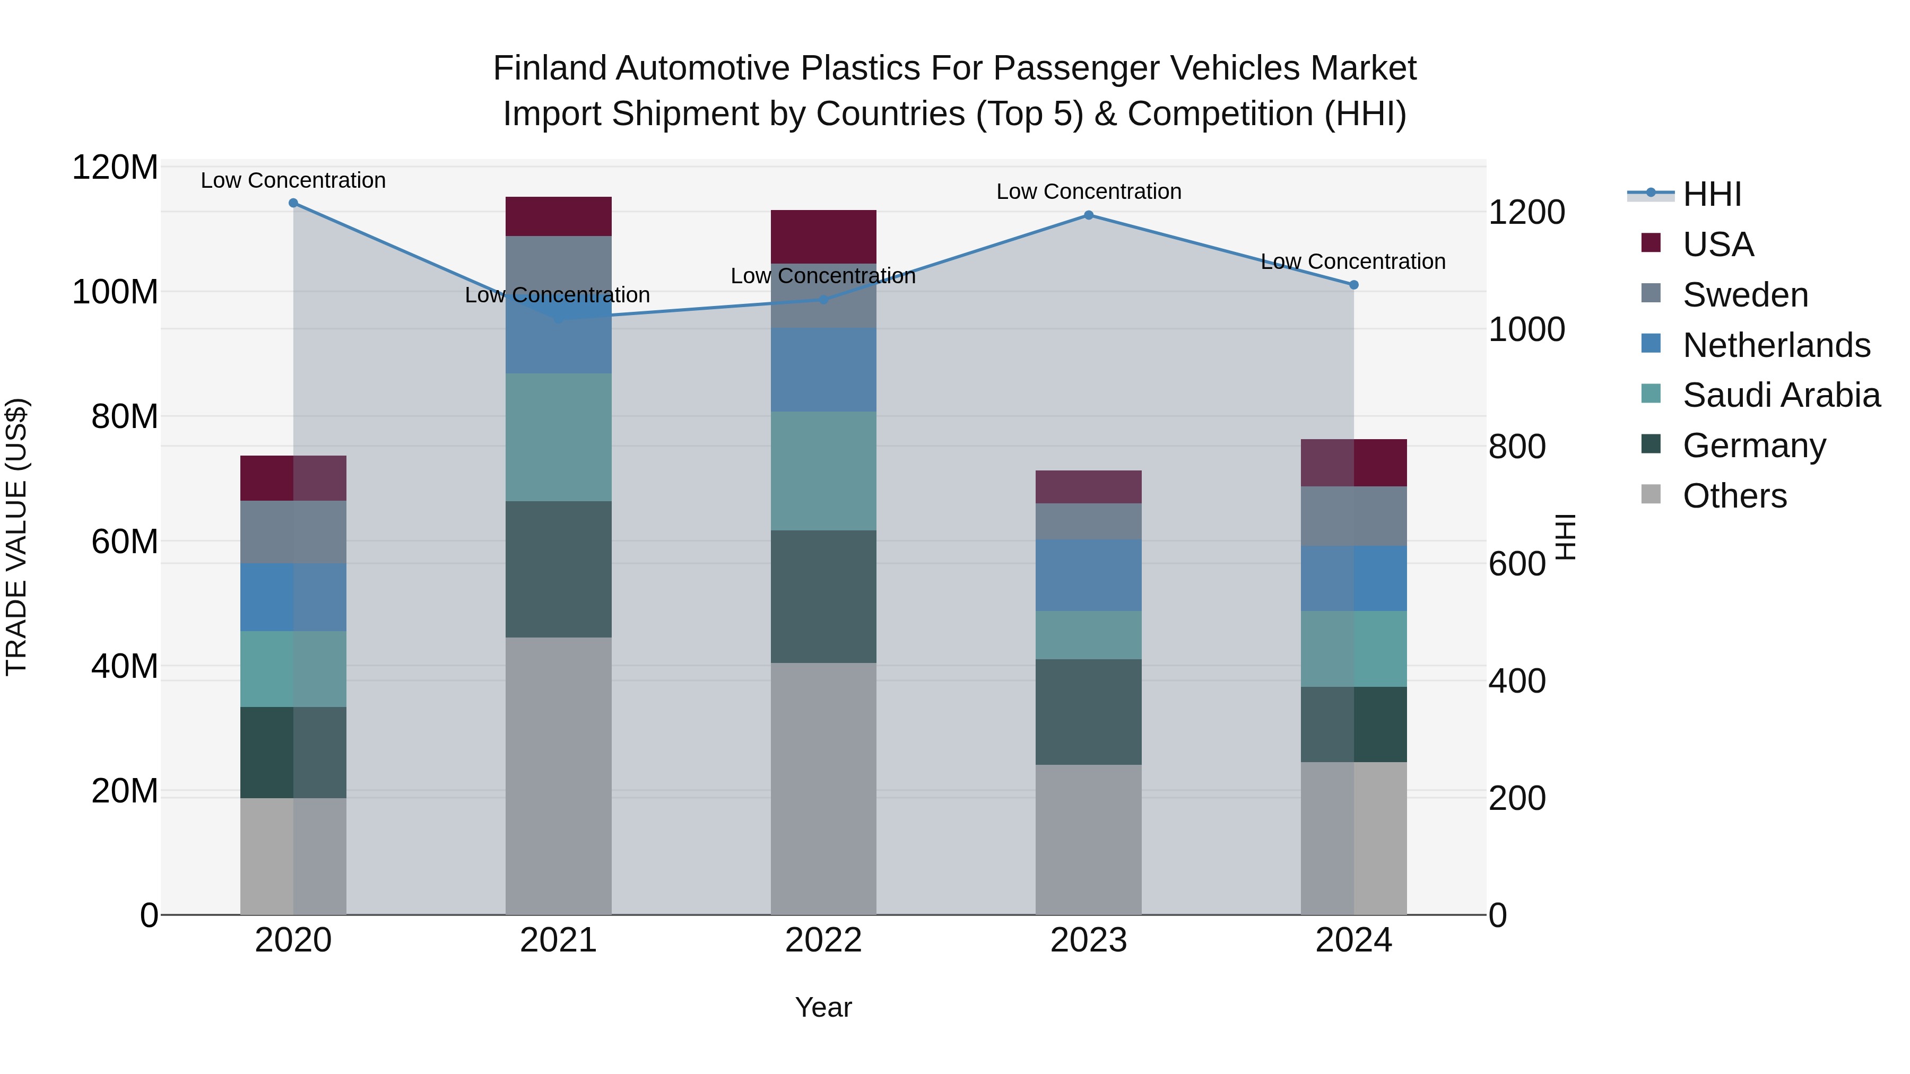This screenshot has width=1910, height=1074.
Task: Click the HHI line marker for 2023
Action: (1089, 215)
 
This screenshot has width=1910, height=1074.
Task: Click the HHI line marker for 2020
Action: (293, 203)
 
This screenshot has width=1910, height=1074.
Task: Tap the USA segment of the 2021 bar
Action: (558, 216)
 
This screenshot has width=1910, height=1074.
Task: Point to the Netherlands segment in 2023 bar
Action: (1089, 575)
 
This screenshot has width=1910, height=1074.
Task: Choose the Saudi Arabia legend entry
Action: (1781, 395)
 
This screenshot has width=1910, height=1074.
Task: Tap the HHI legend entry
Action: (1711, 194)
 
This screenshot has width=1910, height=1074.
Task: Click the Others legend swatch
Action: (1651, 494)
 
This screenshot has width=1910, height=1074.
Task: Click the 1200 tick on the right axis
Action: (1526, 213)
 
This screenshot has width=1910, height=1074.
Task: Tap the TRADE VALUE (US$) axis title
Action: (16, 537)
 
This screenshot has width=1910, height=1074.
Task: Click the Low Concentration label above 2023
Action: (1089, 191)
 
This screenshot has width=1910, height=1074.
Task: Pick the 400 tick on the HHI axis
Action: (1517, 681)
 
